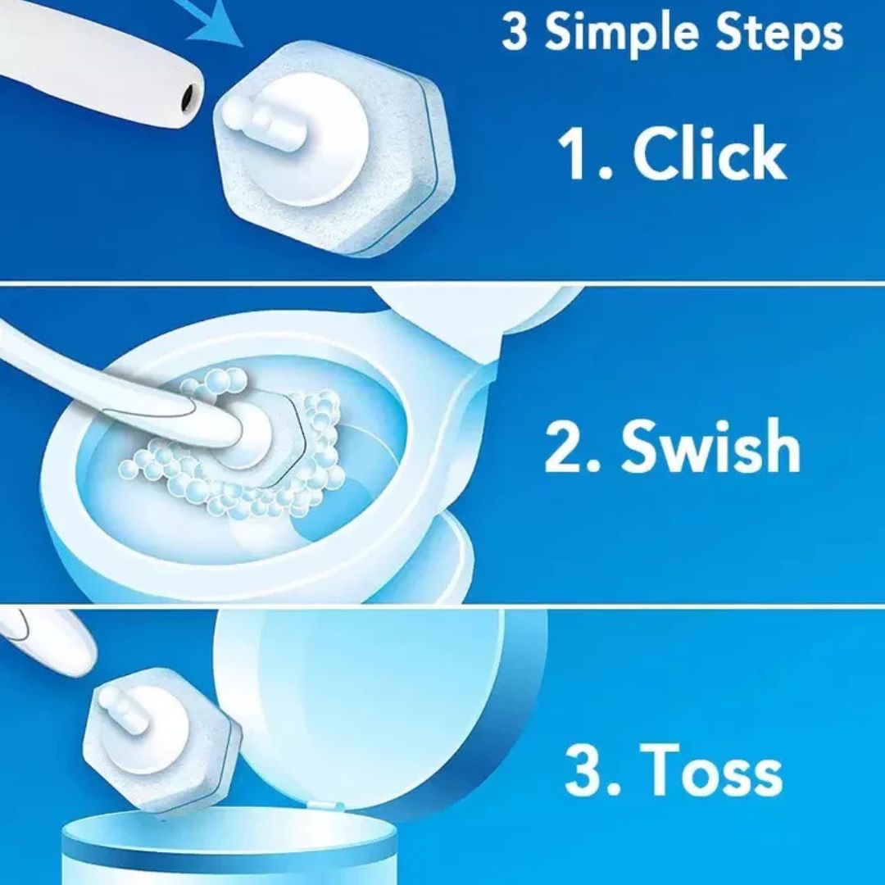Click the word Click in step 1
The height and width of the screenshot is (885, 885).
(710, 152)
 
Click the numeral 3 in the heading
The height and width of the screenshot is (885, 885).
(515, 33)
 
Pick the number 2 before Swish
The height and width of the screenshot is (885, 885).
(565, 447)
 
